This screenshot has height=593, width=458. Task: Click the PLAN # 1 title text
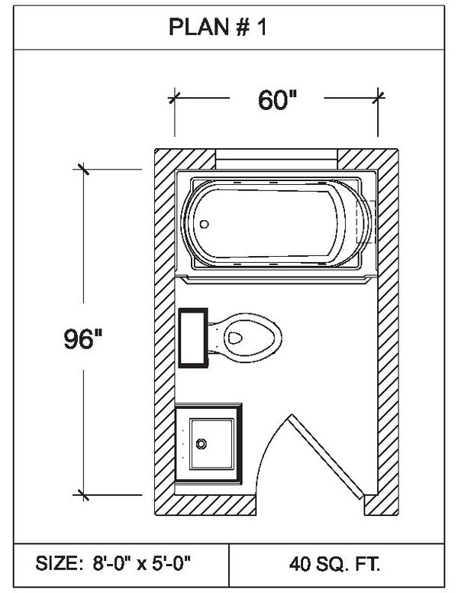[218, 28]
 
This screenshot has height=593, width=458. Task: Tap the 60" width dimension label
[277, 100]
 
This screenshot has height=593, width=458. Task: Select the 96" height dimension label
[82, 339]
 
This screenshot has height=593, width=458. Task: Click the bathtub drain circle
[204, 224]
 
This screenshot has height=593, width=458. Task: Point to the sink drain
[202, 444]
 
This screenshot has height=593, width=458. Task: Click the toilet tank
[193, 338]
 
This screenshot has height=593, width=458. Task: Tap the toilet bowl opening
[234, 338]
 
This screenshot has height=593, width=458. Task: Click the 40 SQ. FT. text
[335, 564]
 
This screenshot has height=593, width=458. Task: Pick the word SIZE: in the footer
[57, 563]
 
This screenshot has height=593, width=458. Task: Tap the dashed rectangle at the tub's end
[366, 222]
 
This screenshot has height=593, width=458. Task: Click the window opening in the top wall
[276, 159]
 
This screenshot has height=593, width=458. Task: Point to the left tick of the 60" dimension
[174, 98]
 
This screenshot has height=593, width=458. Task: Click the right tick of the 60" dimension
[378, 98]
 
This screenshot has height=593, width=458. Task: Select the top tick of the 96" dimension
[83, 170]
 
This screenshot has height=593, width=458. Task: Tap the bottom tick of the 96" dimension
[83, 494]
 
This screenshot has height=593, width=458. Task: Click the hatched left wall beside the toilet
[165, 338]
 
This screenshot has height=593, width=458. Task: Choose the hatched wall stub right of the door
[382, 505]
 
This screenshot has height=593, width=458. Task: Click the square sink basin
[211, 444]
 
